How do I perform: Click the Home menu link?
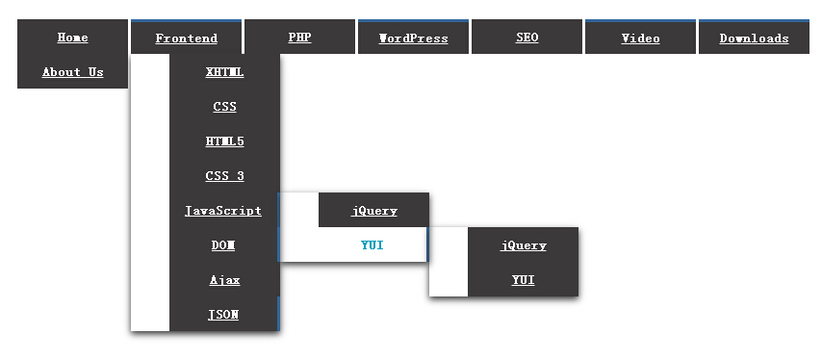72,38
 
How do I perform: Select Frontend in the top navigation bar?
186,39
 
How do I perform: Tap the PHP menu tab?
300,38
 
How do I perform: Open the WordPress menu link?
413,39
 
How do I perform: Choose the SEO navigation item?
527,38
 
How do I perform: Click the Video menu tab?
641,39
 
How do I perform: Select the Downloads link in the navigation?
754,39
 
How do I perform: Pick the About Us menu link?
72,72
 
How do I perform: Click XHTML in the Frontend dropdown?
224,72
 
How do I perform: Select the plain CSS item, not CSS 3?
224,107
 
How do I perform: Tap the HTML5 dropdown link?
224,141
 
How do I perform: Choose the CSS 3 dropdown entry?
224,176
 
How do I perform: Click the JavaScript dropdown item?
222,211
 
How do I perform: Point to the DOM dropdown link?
223,245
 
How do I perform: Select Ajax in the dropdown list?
224,280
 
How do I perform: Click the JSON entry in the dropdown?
223,315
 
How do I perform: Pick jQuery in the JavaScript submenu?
373,211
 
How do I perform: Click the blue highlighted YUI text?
372,245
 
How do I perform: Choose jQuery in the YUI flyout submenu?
524,245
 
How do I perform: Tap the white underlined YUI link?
524,280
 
